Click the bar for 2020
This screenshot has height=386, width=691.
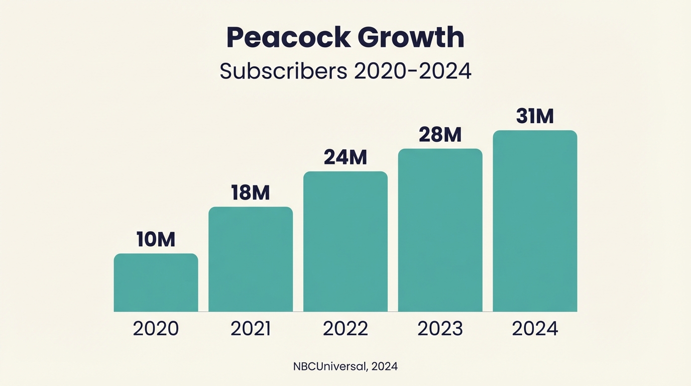tap(156, 282)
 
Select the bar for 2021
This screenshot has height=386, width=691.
tap(251, 259)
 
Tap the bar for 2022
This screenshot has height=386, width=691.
tap(345, 242)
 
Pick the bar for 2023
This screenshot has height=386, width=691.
tap(440, 230)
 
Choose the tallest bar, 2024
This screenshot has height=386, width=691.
tap(535, 221)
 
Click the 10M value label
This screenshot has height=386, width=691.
tap(156, 240)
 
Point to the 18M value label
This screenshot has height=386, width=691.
tap(251, 193)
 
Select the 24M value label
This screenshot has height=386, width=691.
tap(345, 158)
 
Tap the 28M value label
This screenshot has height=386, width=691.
tap(440, 135)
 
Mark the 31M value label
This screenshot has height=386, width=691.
tap(535, 117)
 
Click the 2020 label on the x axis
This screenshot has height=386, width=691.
tap(156, 329)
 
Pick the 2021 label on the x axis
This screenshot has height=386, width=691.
tap(251, 329)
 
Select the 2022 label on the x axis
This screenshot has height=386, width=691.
tap(345, 329)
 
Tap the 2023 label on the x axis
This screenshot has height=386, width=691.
tap(440, 329)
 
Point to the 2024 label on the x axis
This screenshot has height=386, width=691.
tap(535, 329)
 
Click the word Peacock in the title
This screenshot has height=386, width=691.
tap(287, 38)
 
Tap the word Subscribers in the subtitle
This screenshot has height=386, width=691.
tap(283, 71)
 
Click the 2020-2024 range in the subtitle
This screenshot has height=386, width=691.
tap(412, 71)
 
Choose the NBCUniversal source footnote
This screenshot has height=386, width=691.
tap(345, 366)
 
